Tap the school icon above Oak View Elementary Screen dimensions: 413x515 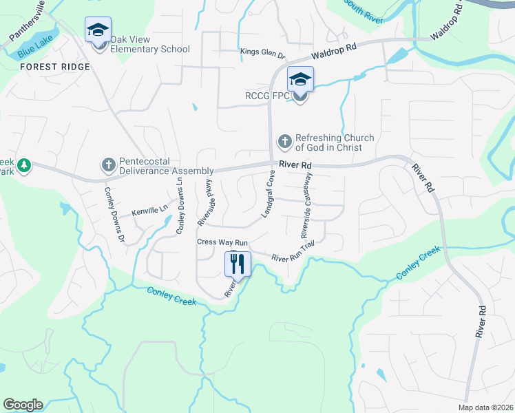coord(98,31)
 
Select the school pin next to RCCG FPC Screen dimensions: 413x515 coord(300,81)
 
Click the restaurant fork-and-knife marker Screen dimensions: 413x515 coord(238,263)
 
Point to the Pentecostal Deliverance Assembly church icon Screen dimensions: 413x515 coord(108,165)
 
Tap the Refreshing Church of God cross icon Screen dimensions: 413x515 coord(284,142)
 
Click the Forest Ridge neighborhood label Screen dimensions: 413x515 coord(55,67)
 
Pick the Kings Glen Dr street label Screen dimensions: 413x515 coord(262,52)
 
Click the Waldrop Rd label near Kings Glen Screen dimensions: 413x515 coord(333,49)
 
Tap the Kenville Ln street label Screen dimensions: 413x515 coord(150,211)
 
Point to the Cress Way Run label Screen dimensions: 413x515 coord(222,242)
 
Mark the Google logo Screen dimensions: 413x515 coord(23,405)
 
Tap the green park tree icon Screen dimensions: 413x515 coord(24,166)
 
